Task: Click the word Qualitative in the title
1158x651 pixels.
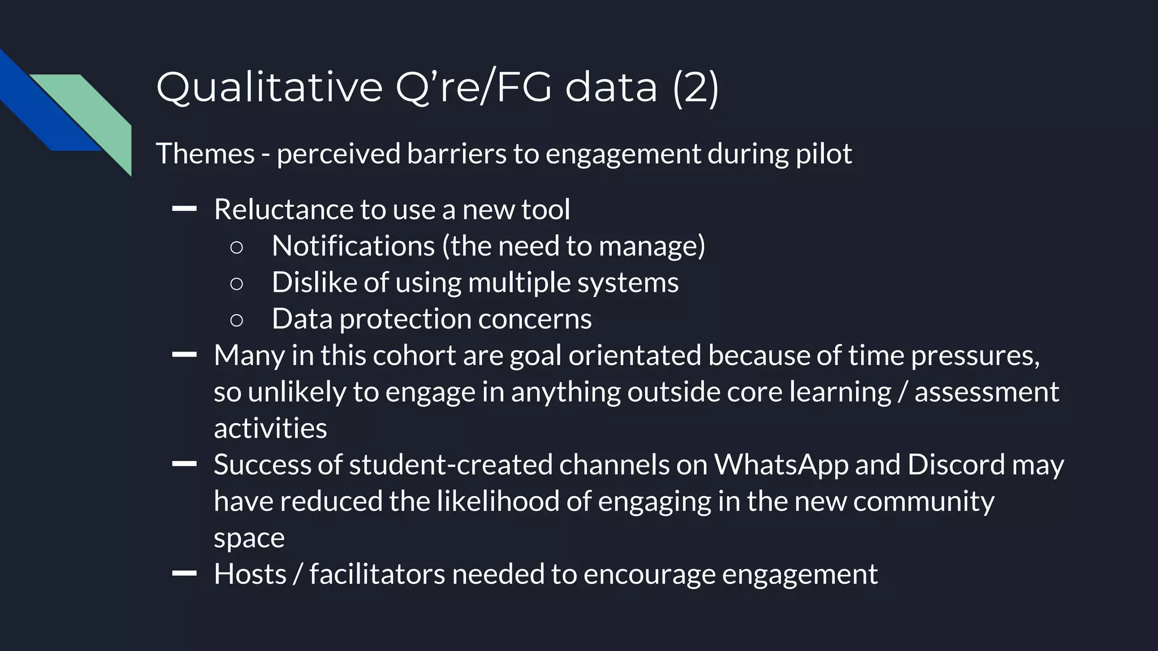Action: (269, 88)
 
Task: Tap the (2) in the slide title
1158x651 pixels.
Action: (695, 88)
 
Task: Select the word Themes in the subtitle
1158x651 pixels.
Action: (205, 154)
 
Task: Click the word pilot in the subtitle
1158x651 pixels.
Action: (824, 154)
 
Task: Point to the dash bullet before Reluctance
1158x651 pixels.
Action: (184, 209)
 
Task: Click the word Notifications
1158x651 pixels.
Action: (353, 246)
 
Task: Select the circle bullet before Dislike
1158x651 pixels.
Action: (237, 283)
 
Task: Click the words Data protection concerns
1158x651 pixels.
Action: (431, 319)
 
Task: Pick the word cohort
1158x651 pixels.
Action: (414, 355)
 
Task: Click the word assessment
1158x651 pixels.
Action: (987, 392)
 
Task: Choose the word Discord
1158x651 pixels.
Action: (956, 465)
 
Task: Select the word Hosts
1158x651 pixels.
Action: (250, 574)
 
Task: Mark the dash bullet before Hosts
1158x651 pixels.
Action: (184, 574)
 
